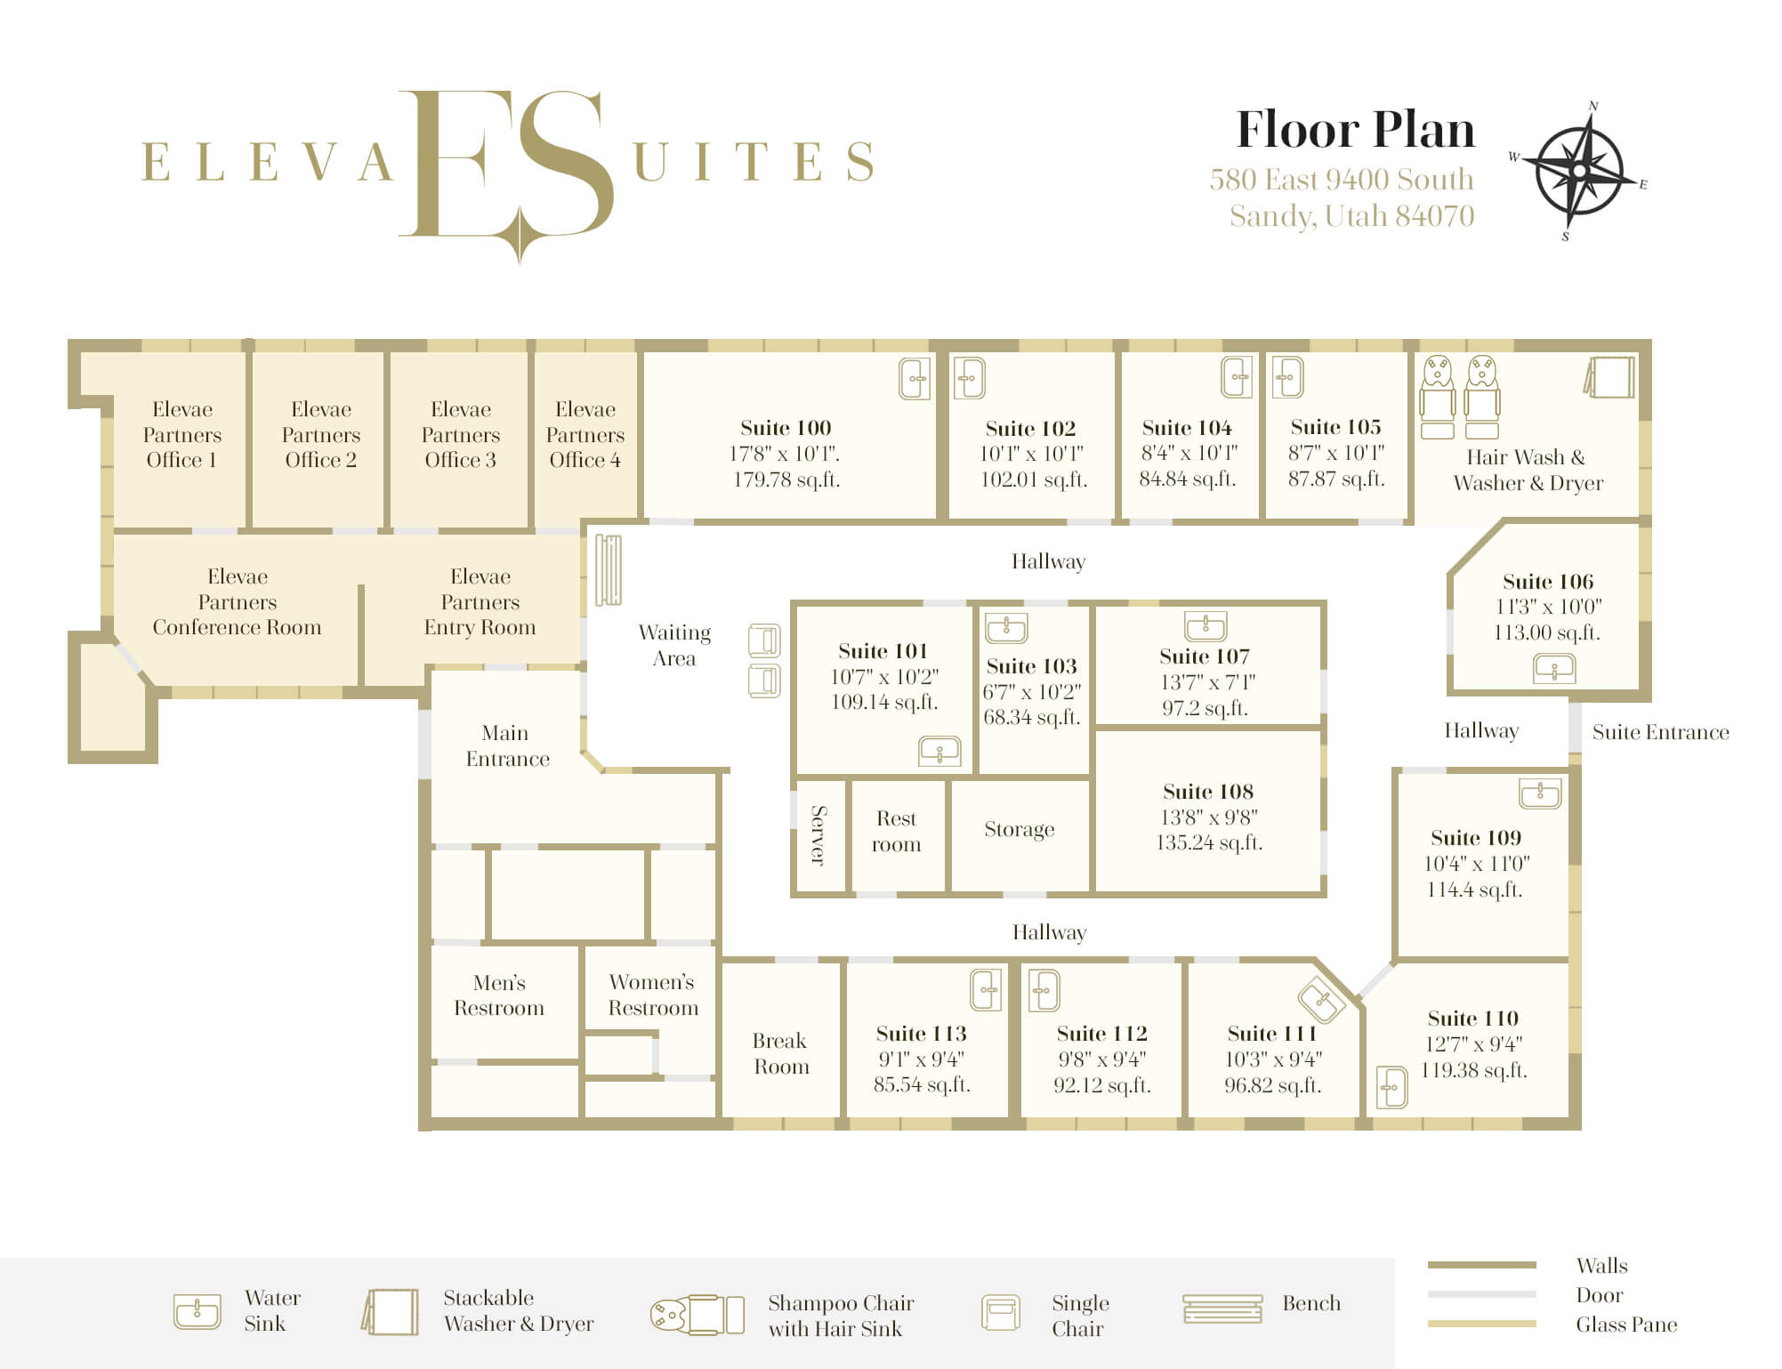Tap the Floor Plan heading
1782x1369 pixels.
coord(1355,130)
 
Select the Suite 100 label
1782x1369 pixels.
coord(786,428)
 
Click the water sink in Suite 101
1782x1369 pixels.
coord(939,752)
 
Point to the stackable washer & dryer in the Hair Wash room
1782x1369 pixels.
coord(1609,377)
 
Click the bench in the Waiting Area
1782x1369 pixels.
coord(609,569)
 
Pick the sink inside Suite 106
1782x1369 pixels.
coord(1554,668)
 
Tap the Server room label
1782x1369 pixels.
coord(818,834)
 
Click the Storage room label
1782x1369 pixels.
coord(1020,830)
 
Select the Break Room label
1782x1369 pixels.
coord(780,1053)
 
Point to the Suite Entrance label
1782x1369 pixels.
coord(1660,732)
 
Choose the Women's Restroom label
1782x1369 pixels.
coord(653,995)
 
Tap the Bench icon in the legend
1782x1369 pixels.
coord(1222,1309)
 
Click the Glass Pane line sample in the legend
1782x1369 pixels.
coord(1481,1324)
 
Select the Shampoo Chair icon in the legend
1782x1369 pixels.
coord(697,1315)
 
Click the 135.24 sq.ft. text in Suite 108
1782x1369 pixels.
coord(1209,842)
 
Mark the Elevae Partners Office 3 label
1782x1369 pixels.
coord(460,434)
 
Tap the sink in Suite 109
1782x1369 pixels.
coord(1540,793)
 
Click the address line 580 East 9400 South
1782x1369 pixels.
coord(1341,180)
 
